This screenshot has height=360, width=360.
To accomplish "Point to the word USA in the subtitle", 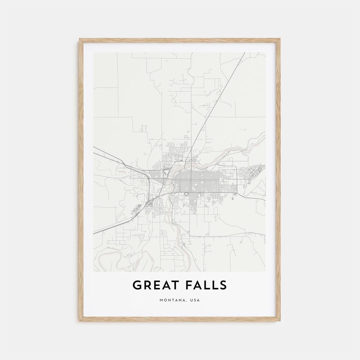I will coord(195,300).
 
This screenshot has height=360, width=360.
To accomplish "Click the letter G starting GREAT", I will coord(137,285).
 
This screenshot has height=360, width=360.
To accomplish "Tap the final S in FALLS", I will coord(223,285).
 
